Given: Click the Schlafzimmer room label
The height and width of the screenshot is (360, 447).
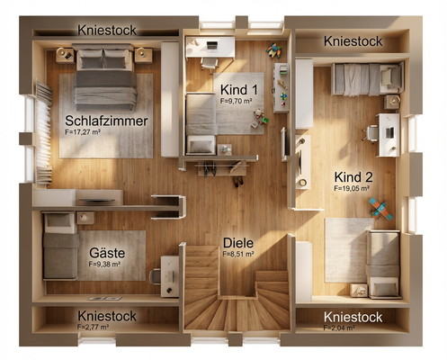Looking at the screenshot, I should [x=106, y=121].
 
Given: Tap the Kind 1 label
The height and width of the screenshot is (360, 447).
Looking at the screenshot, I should [x=238, y=91].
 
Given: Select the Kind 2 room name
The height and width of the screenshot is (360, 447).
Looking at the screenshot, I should [x=352, y=177].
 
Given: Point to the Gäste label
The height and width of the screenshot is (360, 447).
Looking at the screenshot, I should [x=106, y=253].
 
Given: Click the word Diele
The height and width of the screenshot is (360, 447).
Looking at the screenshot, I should [x=238, y=243].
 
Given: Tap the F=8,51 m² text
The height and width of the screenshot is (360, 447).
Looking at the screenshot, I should [x=238, y=255].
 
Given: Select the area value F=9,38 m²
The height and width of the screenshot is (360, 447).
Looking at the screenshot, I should [x=106, y=265].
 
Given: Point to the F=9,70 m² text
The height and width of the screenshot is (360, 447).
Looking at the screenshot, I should [x=238, y=102].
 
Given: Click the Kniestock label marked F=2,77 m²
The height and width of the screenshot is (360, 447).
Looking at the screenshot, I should [x=106, y=317].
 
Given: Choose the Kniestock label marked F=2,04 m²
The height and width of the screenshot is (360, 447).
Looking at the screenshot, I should [x=352, y=318].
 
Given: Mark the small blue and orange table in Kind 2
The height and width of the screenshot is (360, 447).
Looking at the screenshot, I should [x=380, y=211].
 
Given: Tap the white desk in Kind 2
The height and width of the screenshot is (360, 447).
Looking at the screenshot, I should [x=389, y=134].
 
